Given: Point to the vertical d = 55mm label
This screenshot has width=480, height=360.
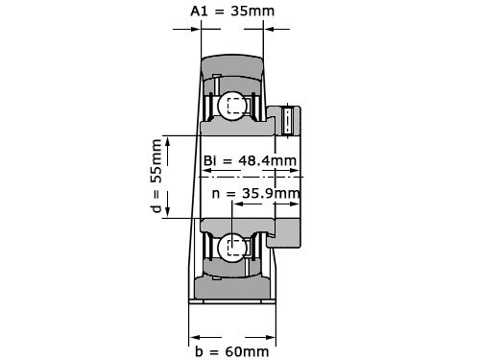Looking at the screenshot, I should [x=157, y=177].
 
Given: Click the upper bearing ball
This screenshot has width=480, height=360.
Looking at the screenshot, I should [x=232, y=106].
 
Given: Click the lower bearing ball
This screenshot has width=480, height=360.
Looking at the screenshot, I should [x=232, y=248].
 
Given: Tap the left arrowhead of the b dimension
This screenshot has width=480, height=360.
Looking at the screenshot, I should [x=194, y=336].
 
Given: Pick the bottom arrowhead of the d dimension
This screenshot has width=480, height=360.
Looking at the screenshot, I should [x=169, y=213].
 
